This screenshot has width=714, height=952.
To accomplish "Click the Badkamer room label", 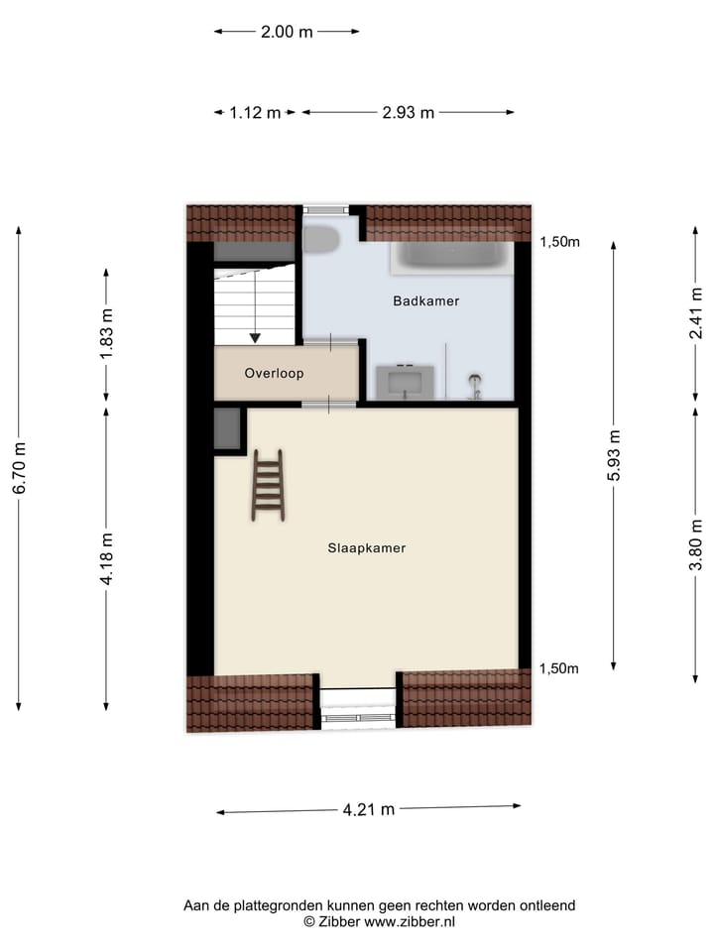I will pos(425,300).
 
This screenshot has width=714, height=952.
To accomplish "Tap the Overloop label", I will pos(274,374).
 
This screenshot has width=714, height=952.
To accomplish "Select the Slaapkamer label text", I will pos(367,547).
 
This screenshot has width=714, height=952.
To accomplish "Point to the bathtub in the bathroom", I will pos(452,257).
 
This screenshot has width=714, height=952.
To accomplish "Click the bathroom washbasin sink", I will pos(405,379).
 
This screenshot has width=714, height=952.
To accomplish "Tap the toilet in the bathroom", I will pos(320,239).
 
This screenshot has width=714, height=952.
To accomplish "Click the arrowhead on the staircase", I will pos(255,338).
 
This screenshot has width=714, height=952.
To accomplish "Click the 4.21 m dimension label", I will pos(369,809).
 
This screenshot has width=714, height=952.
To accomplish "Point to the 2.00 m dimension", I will pos(287,32).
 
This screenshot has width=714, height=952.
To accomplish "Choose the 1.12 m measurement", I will pos(256,112).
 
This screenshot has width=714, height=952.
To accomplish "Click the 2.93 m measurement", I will pos(408,112).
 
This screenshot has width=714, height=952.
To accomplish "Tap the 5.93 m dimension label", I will pos(615,456).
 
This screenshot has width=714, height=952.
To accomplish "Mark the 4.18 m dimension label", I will pos(107,560).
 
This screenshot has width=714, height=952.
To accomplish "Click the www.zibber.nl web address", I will pos(410,921).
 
